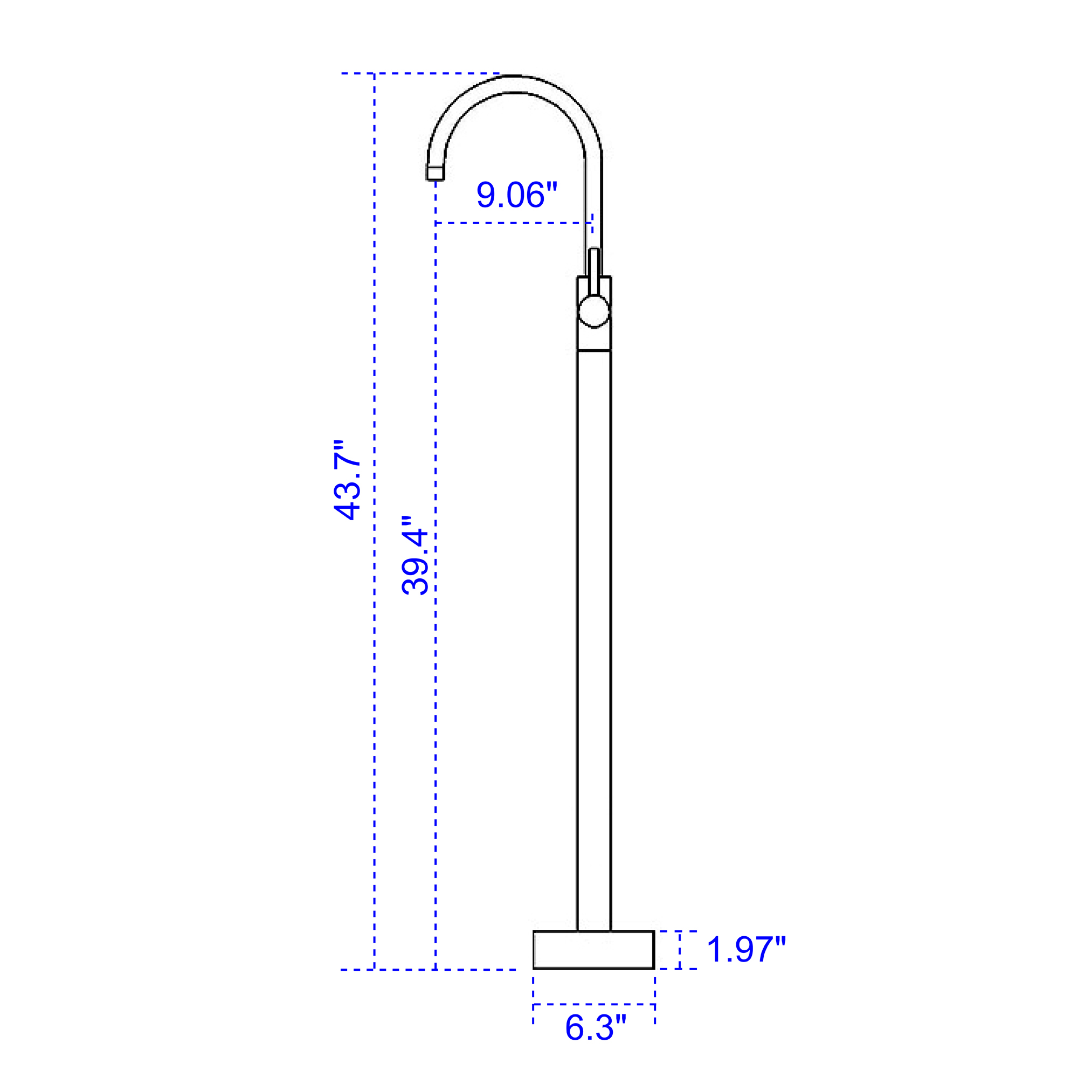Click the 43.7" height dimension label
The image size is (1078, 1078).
click(346, 480)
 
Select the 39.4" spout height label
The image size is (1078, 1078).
click(414, 555)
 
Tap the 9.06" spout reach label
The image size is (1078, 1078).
click(517, 194)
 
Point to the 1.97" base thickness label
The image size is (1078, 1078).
click(746, 949)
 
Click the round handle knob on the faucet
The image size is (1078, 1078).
click(593, 312)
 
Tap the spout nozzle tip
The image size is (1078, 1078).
click(435, 173)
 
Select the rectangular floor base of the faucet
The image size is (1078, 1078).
click(593, 950)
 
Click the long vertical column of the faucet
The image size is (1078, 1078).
click(593, 614)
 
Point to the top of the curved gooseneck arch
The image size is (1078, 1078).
click(514, 84)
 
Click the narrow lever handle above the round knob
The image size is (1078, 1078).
click(593, 271)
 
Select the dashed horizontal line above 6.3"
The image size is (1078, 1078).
click(593, 1004)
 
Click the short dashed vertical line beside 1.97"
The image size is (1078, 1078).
click(680, 950)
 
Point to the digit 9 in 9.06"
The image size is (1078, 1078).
click(486, 195)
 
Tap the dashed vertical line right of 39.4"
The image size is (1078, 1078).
click(436, 614)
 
